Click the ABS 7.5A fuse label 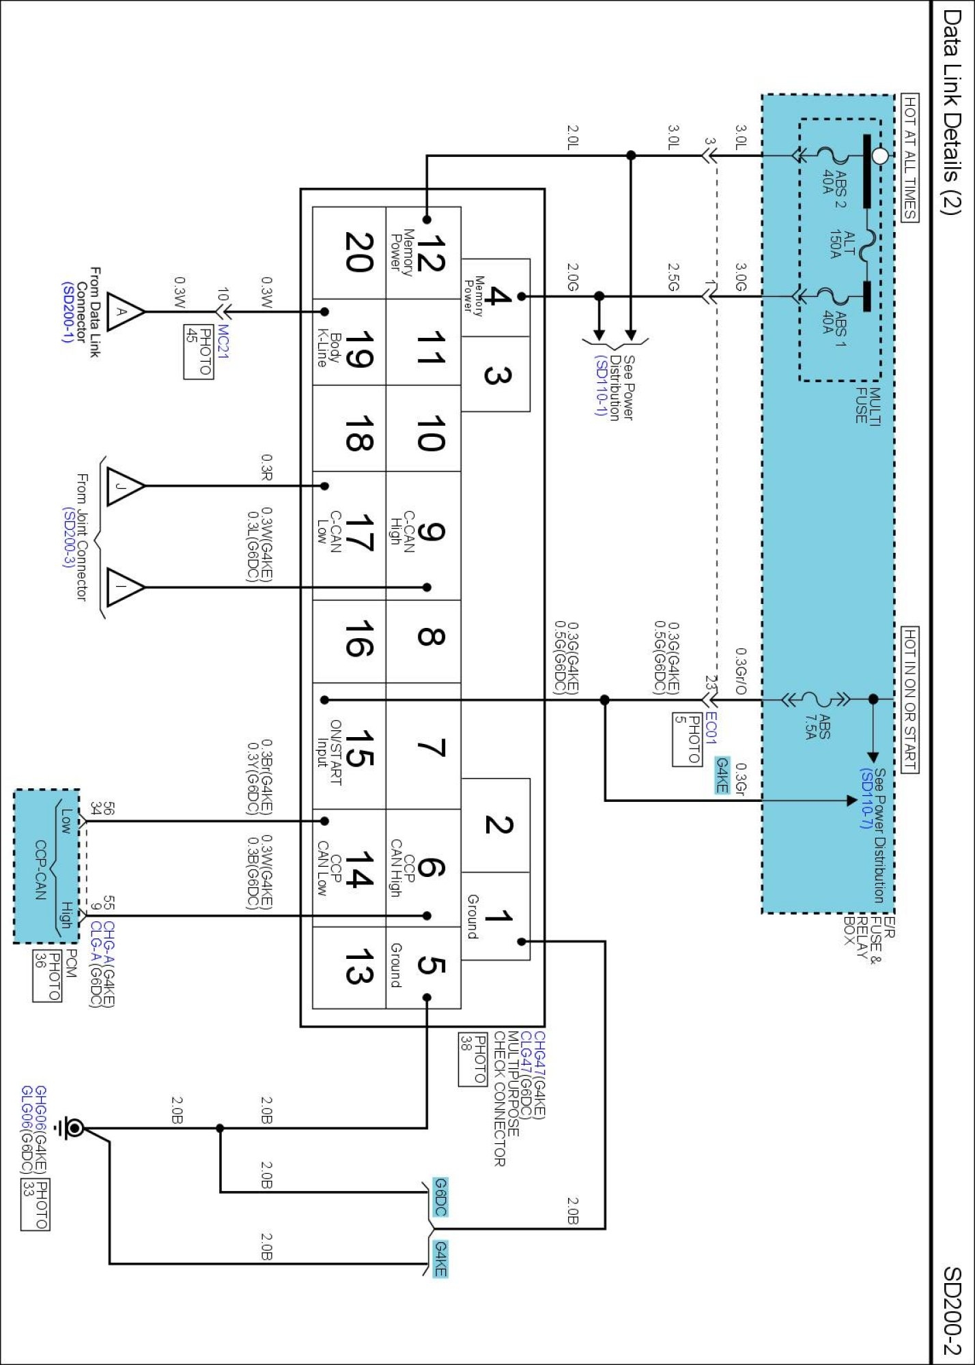pyautogui.click(x=817, y=727)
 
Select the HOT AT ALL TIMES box pyautogui.click(x=910, y=158)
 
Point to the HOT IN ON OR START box pyautogui.click(x=910, y=700)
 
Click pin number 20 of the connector pyautogui.click(x=358, y=253)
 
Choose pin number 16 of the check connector pyautogui.click(x=358, y=640)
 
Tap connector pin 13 pyautogui.click(x=358, y=966)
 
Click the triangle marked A pyautogui.click(x=126, y=312)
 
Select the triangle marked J pyautogui.click(x=126, y=486)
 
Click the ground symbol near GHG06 pyautogui.click(x=72, y=1128)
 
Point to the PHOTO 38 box pyautogui.click(x=472, y=1059)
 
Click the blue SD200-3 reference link pyautogui.click(x=68, y=536)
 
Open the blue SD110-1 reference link pyautogui.click(x=599, y=386)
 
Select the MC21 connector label pyautogui.click(x=223, y=341)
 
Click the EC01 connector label pyautogui.click(x=711, y=728)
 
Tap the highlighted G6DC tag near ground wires pyautogui.click(x=440, y=1197)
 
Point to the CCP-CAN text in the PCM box pyautogui.click(x=40, y=870)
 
